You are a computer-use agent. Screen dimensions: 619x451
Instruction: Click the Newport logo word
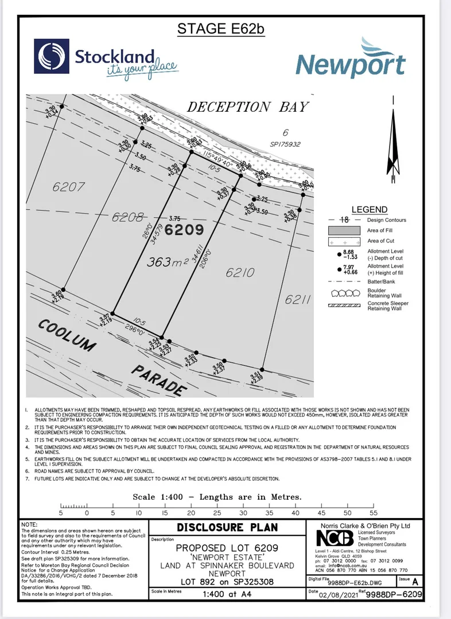tap(351, 65)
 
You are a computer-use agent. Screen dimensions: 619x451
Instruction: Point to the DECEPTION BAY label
tap(247, 107)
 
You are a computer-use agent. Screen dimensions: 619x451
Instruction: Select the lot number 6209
tap(184, 230)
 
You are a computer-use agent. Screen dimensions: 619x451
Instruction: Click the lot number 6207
tap(68, 187)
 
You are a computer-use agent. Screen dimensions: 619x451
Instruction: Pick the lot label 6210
tap(239, 274)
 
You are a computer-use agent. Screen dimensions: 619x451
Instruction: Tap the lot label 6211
tap(297, 299)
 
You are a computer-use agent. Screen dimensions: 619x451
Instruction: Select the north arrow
tap(392, 143)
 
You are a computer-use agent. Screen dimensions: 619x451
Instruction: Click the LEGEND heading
tap(369, 210)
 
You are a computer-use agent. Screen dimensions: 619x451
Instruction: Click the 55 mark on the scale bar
tap(374, 514)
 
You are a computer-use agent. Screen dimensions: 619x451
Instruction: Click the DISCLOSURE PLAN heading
tap(227, 528)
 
